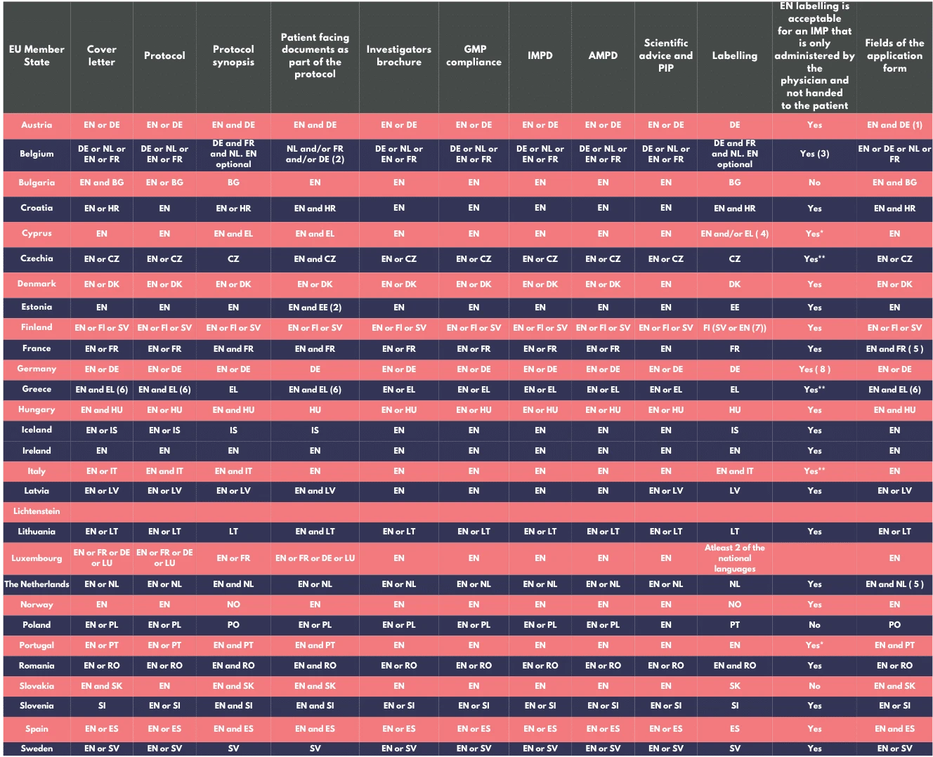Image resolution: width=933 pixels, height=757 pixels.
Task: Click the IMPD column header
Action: [x=540, y=55]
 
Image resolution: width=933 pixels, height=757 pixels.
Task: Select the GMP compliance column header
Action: [x=474, y=55]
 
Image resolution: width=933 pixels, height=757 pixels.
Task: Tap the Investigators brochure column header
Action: [x=399, y=55]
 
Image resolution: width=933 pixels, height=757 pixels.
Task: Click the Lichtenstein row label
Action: [x=37, y=511]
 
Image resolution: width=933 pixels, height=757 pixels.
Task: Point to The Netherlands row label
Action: [x=37, y=584]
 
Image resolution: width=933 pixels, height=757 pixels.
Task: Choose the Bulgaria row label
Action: [x=37, y=183]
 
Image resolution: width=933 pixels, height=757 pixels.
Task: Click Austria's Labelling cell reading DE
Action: [x=734, y=125]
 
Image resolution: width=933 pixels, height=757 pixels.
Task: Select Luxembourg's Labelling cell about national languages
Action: [x=734, y=558]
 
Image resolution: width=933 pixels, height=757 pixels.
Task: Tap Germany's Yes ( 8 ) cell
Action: [x=814, y=369]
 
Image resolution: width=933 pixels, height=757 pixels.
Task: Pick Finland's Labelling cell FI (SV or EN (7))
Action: [x=734, y=328]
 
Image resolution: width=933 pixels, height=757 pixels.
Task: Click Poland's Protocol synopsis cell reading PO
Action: [x=233, y=625]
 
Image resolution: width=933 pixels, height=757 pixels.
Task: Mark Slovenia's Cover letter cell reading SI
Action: [x=102, y=706]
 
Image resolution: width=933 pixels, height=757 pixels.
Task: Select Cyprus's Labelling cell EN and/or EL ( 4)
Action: [x=734, y=234]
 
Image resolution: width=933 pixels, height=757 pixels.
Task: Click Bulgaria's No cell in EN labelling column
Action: [x=814, y=183]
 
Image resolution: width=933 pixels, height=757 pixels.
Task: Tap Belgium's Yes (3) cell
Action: [x=814, y=154]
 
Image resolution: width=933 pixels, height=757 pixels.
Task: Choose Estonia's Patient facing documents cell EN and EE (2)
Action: [x=315, y=308]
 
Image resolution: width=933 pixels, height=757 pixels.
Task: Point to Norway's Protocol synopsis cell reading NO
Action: [x=233, y=605]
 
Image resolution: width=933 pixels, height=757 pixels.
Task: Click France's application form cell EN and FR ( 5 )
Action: [x=894, y=349]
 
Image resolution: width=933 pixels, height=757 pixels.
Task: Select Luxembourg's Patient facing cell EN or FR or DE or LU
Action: [x=315, y=558]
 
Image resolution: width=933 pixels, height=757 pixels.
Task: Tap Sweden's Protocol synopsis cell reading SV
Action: [x=233, y=749]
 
